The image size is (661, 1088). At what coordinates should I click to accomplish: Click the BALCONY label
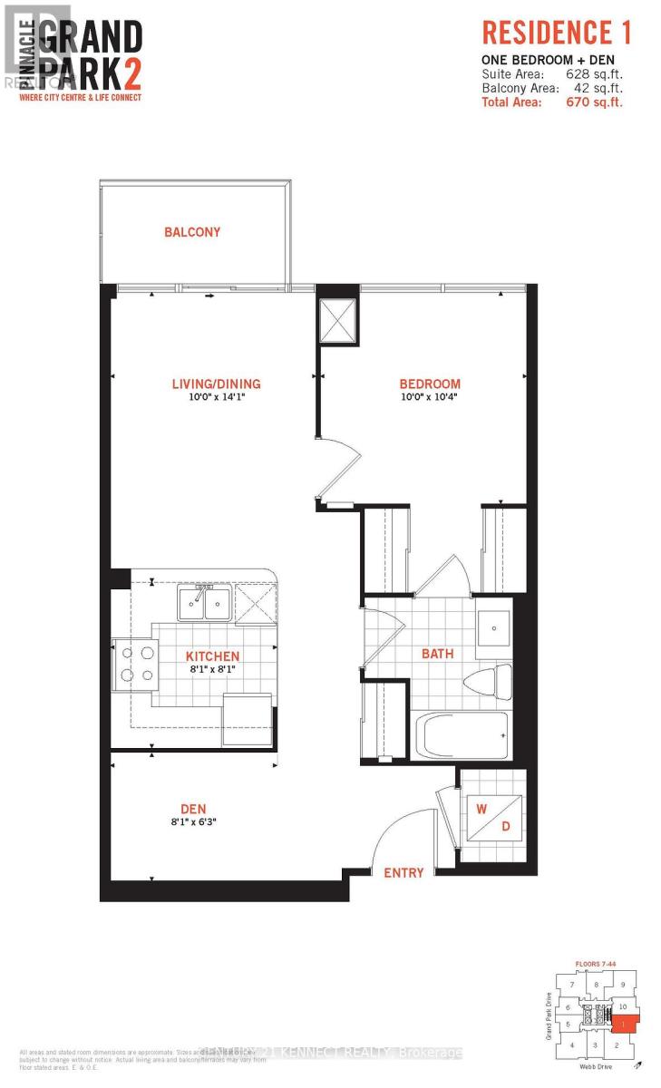coord(192,232)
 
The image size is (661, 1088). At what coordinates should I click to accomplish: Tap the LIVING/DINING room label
coord(216,384)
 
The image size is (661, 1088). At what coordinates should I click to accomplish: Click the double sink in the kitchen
coord(205,603)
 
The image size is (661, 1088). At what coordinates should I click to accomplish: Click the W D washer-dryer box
coord(491,815)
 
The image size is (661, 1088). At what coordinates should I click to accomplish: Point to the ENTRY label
coord(403,872)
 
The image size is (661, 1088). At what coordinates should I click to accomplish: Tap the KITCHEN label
coord(212,656)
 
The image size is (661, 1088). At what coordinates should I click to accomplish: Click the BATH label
coord(436,653)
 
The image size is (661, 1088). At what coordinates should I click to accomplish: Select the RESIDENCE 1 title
coord(556,34)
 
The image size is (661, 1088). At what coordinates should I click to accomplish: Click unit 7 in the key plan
coord(572,984)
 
